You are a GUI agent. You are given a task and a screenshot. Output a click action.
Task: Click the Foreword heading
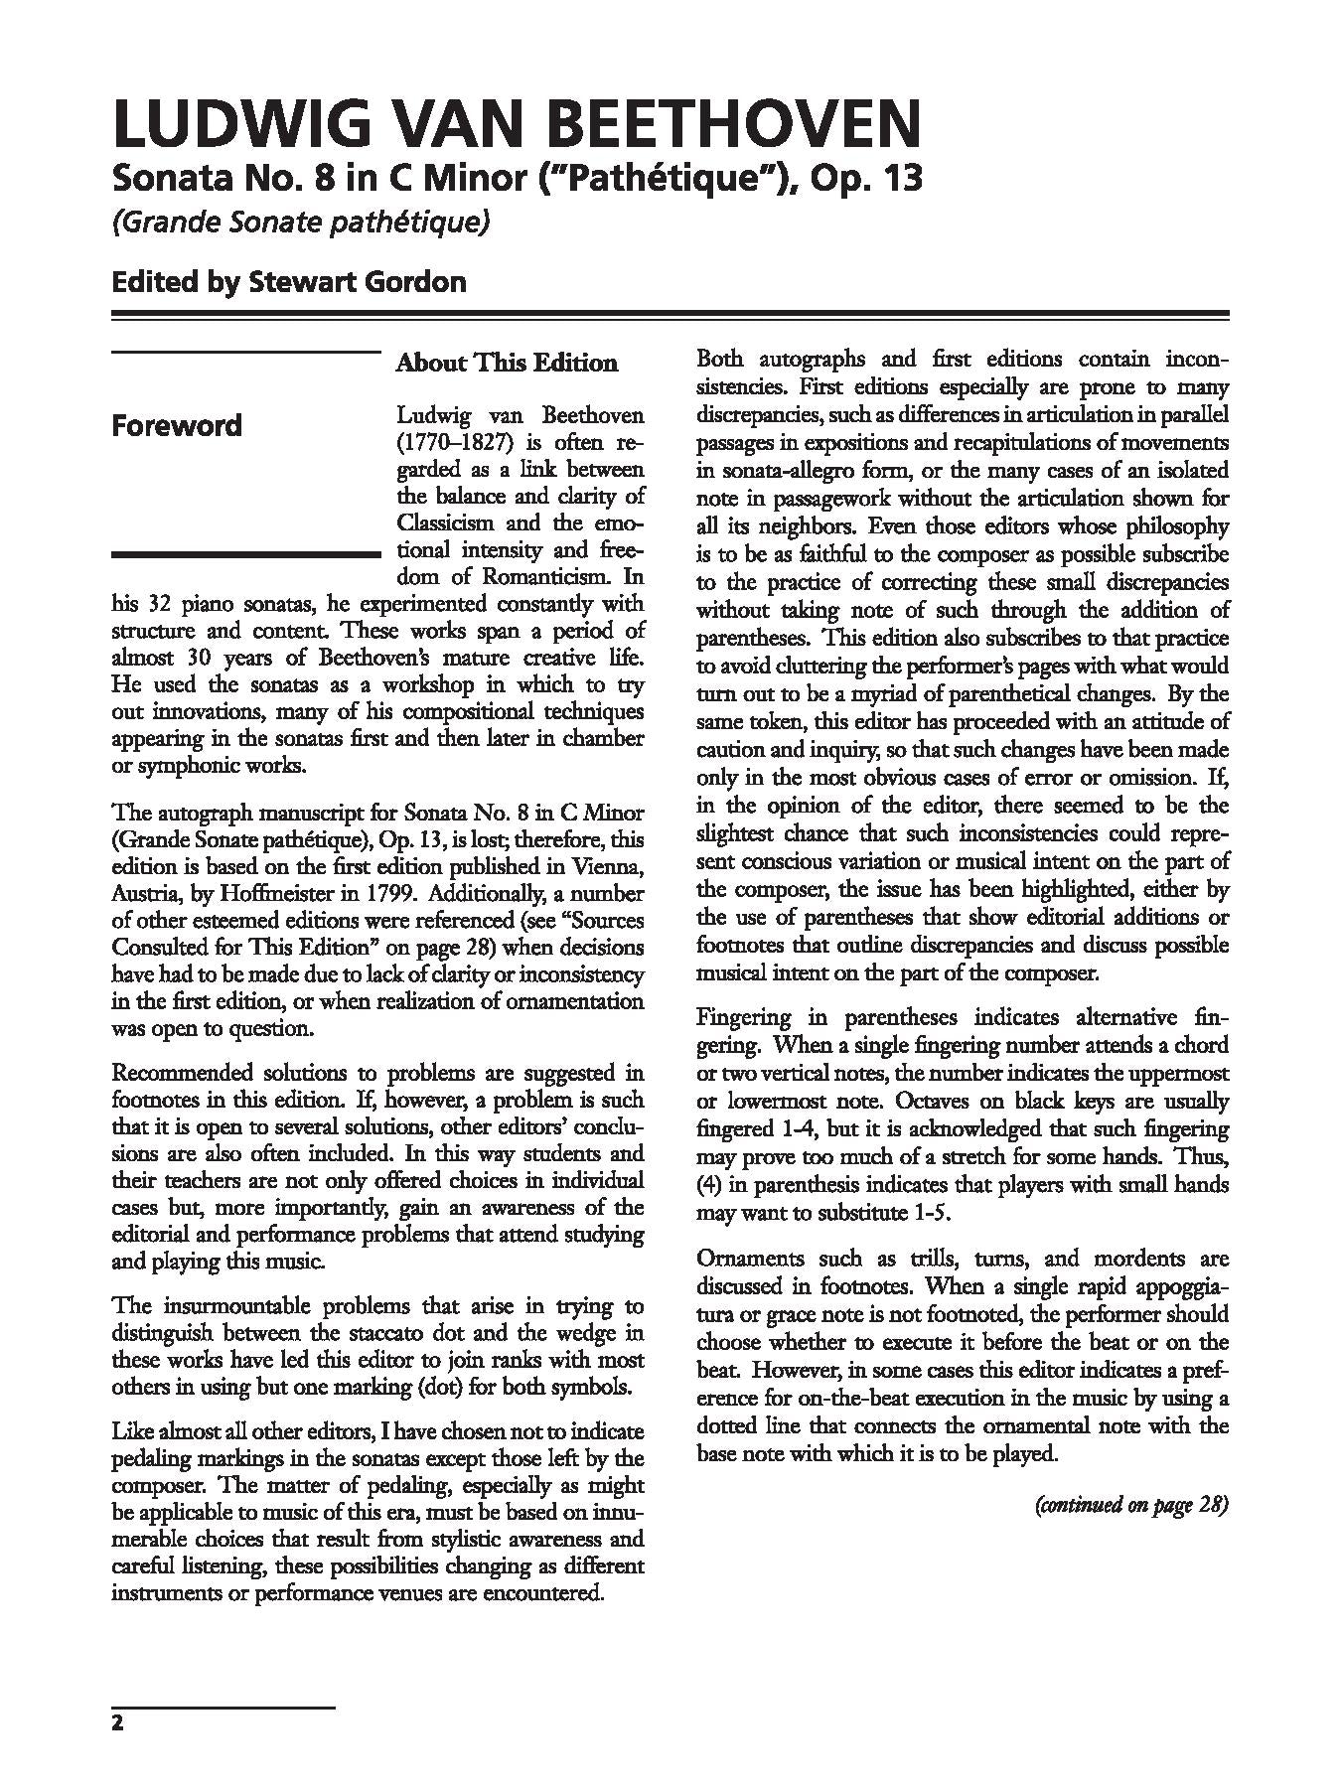point(177,426)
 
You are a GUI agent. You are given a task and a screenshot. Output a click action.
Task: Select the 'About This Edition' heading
point(507,363)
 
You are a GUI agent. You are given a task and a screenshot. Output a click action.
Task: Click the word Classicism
point(448,522)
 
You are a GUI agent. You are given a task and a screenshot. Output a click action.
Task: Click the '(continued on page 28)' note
point(1131,1504)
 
